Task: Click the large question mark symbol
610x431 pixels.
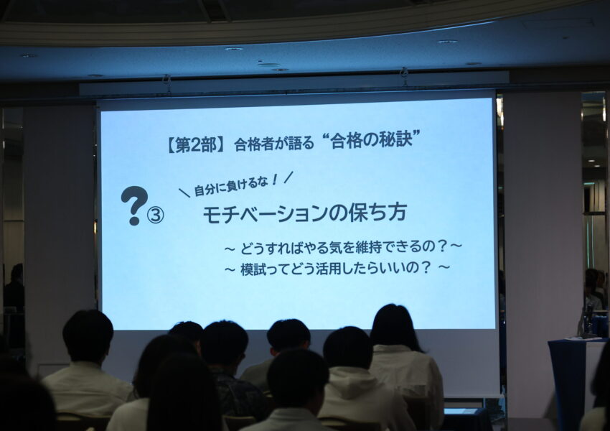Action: [x=135, y=205]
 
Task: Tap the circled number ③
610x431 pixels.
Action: [x=155, y=215]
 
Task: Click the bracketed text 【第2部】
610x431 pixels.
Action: [x=196, y=146]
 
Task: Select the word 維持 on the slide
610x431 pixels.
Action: [x=362, y=247]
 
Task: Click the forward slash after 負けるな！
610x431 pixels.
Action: [x=288, y=177]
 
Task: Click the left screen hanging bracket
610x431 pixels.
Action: [x=166, y=83]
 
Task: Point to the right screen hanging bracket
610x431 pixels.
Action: [x=405, y=76]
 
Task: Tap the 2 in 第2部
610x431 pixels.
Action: [x=195, y=146]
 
